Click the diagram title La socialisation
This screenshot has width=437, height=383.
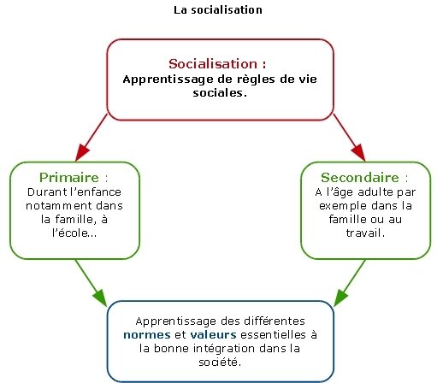click(218, 10)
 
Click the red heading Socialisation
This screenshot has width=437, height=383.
click(213, 63)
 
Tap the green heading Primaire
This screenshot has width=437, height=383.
click(69, 177)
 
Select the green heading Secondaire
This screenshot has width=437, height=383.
click(360, 177)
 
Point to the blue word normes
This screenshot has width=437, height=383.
click(147, 334)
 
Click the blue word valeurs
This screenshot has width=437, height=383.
click(213, 334)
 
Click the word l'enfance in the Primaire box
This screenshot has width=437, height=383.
click(96, 191)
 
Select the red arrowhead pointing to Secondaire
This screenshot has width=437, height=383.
click(358, 152)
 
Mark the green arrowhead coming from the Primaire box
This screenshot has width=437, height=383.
click(100, 298)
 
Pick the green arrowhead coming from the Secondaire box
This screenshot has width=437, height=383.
click(340, 298)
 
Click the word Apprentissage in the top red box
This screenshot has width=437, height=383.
click(168, 80)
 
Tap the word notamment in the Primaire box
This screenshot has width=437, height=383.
click(58, 205)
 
